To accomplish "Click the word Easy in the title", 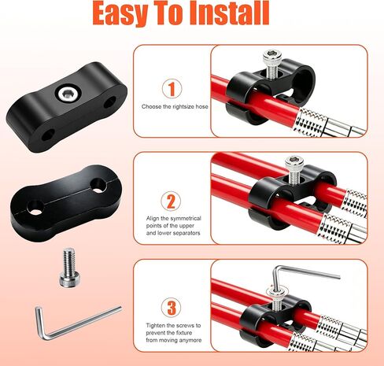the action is (x=120, y=13).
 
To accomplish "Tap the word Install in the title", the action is (x=228, y=13).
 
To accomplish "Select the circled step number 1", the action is (x=172, y=89).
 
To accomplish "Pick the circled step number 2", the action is (x=171, y=201).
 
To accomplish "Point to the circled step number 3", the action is (x=172, y=308).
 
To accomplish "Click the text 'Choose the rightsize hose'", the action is (x=175, y=106).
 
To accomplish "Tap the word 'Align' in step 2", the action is (x=152, y=219).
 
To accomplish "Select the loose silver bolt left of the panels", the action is (x=68, y=267).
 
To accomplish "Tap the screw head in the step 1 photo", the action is (x=272, y=56).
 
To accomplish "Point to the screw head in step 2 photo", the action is (x=294, y=162).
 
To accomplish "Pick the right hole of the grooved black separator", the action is (x=98, y=185).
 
